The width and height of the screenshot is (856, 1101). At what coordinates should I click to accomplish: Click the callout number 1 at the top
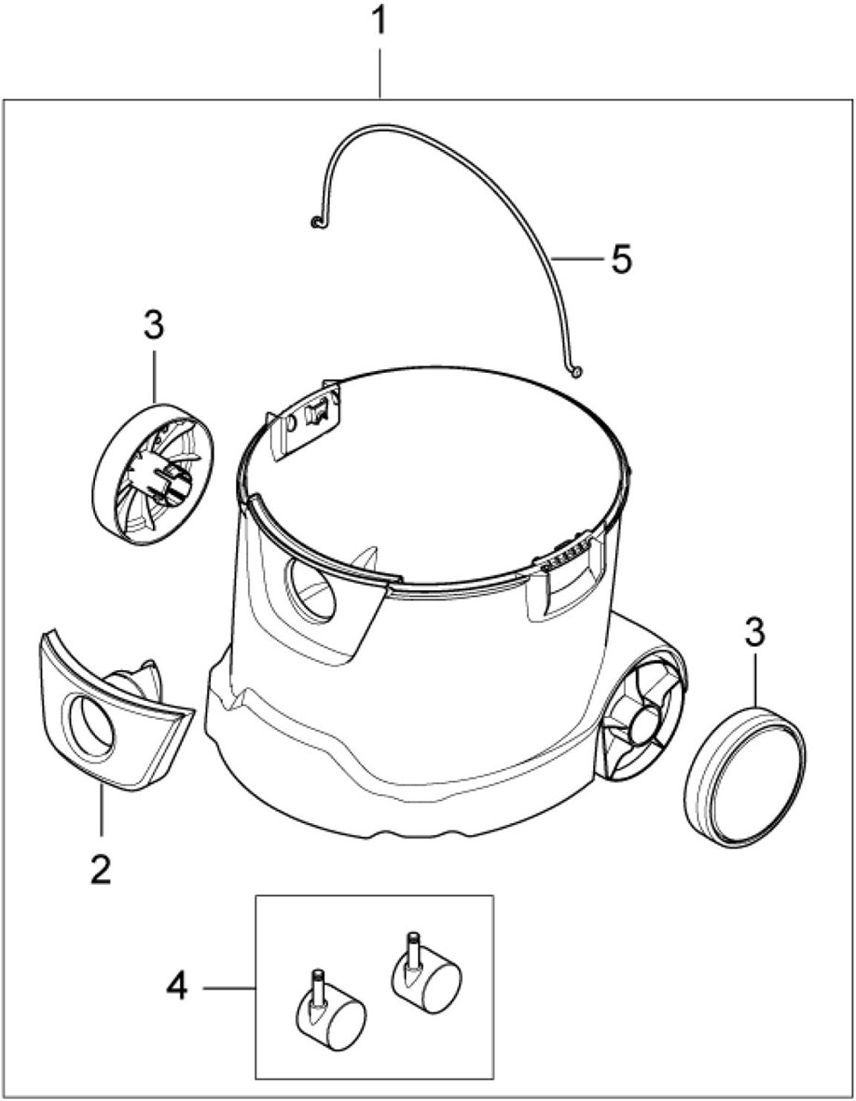pyautogui.click(x=379, y=21)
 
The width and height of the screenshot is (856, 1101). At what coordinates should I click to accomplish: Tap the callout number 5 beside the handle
pyautogui.click(x=621, y=259)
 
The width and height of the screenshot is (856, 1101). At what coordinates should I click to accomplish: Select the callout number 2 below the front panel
pyautogui.click(x=101, y=869)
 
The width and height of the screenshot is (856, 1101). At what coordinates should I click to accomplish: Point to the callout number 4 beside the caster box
pyautogui.click(x=177, y=988)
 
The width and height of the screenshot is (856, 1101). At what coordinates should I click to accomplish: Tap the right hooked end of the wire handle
pyautogui.click(x=576, y=371)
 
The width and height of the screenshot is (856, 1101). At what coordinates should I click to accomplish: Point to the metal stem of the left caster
pyautogui.click(x=317, y=985)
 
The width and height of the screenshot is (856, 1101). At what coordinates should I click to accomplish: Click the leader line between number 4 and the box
pyautogui.click(x=229, y=988)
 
